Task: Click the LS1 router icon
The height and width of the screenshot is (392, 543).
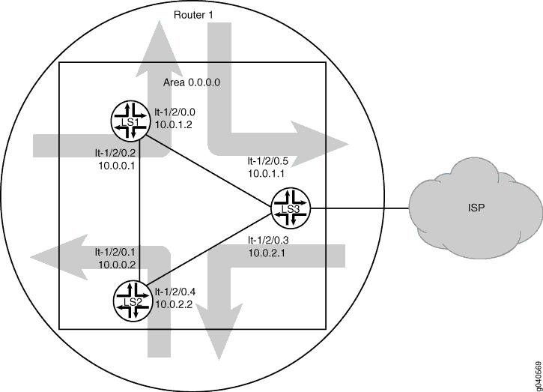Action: [130, 121]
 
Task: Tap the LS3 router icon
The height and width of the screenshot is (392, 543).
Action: [291, 208]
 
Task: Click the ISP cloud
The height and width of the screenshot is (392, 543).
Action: [476, 208]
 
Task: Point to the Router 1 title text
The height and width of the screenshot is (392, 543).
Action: [193, 15]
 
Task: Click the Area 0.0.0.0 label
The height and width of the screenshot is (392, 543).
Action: [192, 82]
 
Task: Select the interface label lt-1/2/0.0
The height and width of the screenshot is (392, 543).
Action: [175, 112]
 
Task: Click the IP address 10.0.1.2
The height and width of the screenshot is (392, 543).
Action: [173, 124]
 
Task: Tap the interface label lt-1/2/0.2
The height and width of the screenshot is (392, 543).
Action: [115, 153]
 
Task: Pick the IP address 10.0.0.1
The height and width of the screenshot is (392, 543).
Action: [117, 166]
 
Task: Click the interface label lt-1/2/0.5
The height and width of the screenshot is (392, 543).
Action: [267, 161]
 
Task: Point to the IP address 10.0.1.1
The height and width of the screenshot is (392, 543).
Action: [267, 174]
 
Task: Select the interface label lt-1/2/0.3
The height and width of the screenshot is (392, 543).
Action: [268, 240]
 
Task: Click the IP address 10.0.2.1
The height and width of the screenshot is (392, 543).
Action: [267, 253]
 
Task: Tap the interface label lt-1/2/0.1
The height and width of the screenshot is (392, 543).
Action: [115, 252]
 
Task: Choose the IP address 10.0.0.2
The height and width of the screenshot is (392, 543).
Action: [117, 265]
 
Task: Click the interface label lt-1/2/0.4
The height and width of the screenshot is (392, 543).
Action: [175, 292]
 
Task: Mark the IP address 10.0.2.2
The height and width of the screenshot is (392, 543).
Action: [174, 304]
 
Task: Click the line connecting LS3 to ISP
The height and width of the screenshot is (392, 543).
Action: [360, 208]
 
